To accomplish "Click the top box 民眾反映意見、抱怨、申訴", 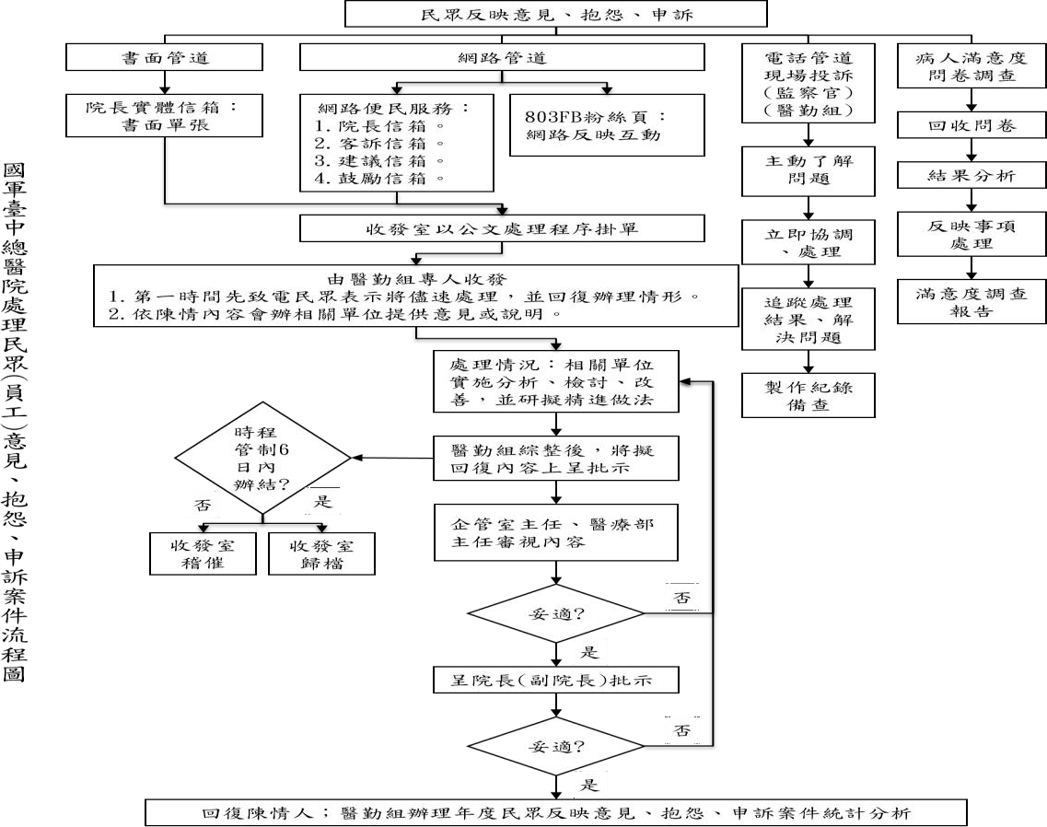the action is (555, 14).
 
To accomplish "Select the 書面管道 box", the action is (164, 57).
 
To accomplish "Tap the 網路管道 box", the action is (502, 57).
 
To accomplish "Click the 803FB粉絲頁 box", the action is (607, 125).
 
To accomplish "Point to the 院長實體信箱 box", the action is (164, 115).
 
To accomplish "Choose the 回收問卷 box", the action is (971, 125).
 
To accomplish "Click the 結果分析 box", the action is (971, 176).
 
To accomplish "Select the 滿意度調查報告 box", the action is (971, 302).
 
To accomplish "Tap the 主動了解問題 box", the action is (808, 171).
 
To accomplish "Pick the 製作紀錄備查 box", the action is (808, 395).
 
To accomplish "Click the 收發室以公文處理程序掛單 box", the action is (502, 228).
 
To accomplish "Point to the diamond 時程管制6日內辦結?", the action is (262, 459).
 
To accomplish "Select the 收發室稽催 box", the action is (203, 553).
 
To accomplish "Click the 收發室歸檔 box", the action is (322, 553).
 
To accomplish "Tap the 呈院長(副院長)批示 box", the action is (556, 680).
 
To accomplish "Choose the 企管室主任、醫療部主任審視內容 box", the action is (556, 532).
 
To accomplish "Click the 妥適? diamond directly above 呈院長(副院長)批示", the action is (555, 613).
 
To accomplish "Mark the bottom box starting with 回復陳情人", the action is (555, 813).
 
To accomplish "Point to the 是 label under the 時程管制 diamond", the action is (323, 501).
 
